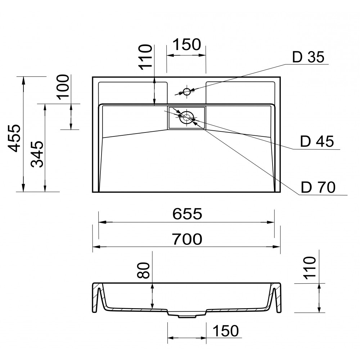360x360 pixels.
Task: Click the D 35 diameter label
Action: pos(309,57)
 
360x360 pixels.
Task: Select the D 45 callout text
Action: pos(317,142)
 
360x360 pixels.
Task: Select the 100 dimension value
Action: pos(63,86)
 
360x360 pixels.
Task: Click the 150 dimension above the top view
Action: pos(186,45)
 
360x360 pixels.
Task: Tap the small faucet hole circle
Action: pos(186,91)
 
